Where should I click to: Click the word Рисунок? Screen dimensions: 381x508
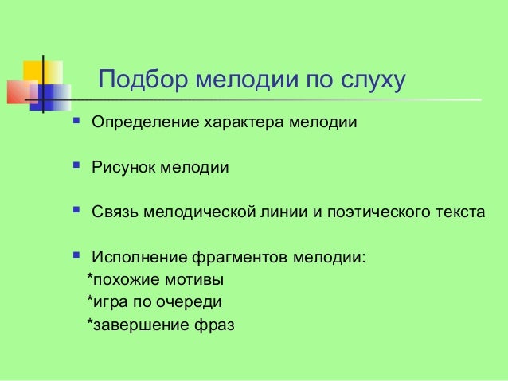[x=123, y=168]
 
